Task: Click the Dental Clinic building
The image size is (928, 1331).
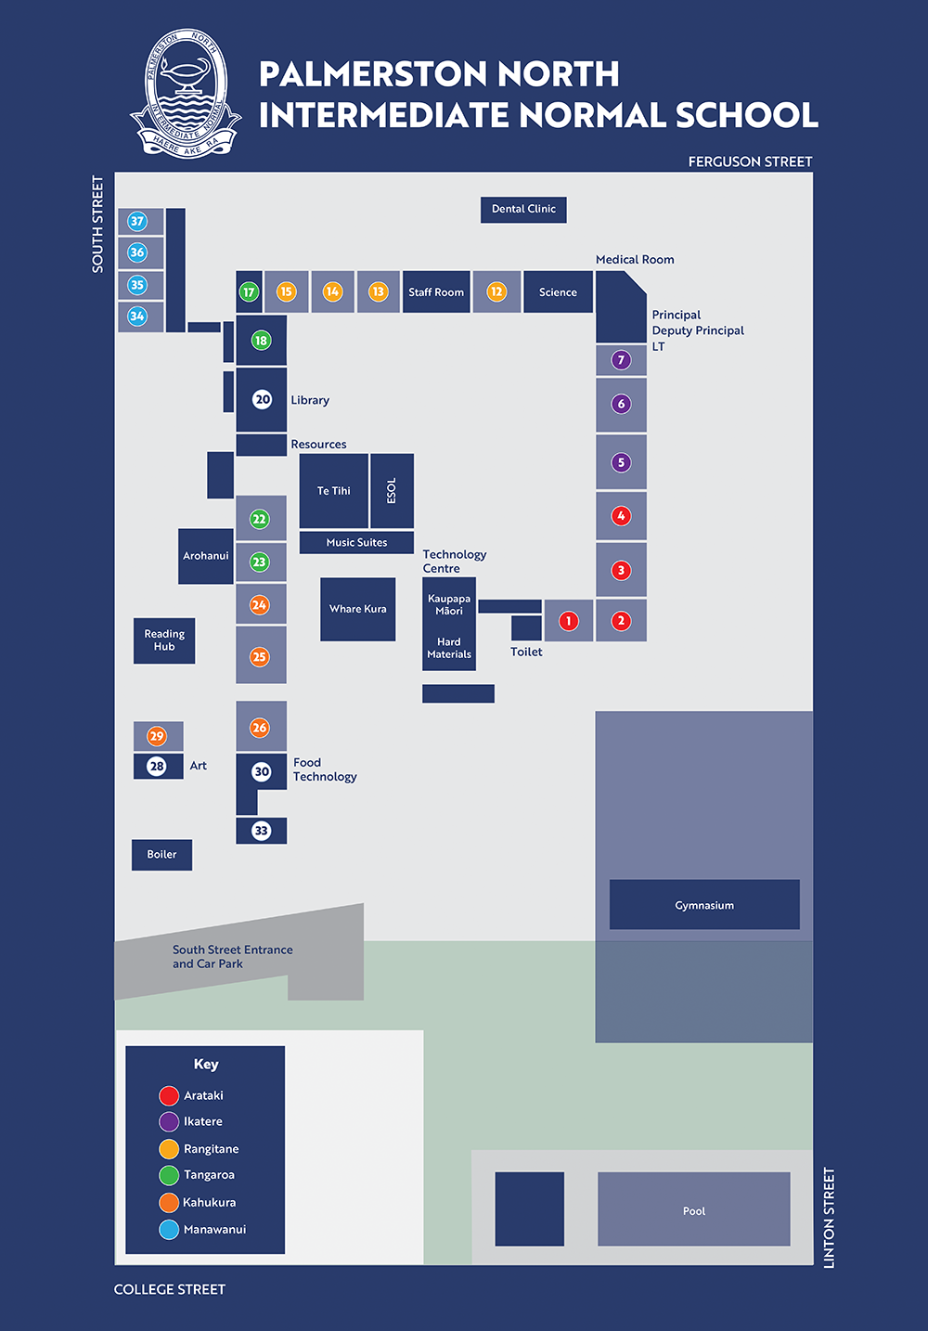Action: coord(523,210)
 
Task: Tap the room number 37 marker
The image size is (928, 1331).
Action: coord(137,221)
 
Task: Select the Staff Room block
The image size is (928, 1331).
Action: coord(436,292)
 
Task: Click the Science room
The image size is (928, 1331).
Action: coord(558,292)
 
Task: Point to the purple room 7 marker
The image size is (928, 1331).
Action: coord(621,359)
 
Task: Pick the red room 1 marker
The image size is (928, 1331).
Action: coord(569,621)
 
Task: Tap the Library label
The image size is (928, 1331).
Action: coord(310,400)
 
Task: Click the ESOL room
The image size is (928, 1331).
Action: coord(392,491)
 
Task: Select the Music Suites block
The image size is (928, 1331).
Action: coord(356,543)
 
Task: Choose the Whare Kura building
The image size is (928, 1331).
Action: coord(357,609)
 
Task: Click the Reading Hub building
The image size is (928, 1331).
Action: coord(164,640)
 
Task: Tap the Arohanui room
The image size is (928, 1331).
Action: coord(205,556)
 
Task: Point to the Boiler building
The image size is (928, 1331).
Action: coord(161,855)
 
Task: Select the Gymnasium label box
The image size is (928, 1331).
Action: coord(704,905)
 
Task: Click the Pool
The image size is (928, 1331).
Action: coord(694,1210)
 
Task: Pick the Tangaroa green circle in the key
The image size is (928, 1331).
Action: coord(169,1175)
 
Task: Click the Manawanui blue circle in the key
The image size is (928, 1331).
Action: coord(169,1230)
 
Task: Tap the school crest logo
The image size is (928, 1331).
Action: coord(187,94)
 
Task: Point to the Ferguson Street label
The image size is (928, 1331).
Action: coord(750,162)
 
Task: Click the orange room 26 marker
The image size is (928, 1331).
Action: coord(260,728)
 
